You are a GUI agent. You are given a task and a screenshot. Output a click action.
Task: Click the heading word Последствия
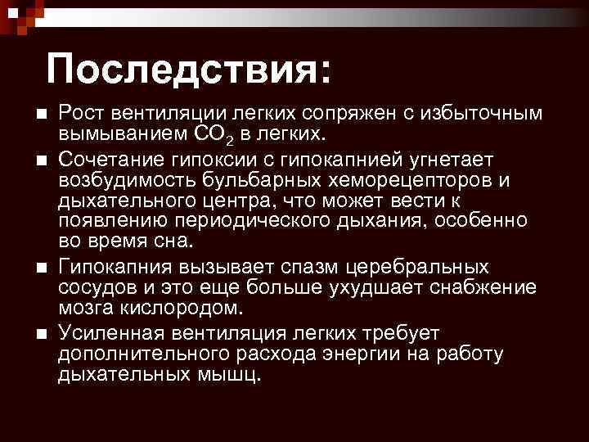[189, 70]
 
